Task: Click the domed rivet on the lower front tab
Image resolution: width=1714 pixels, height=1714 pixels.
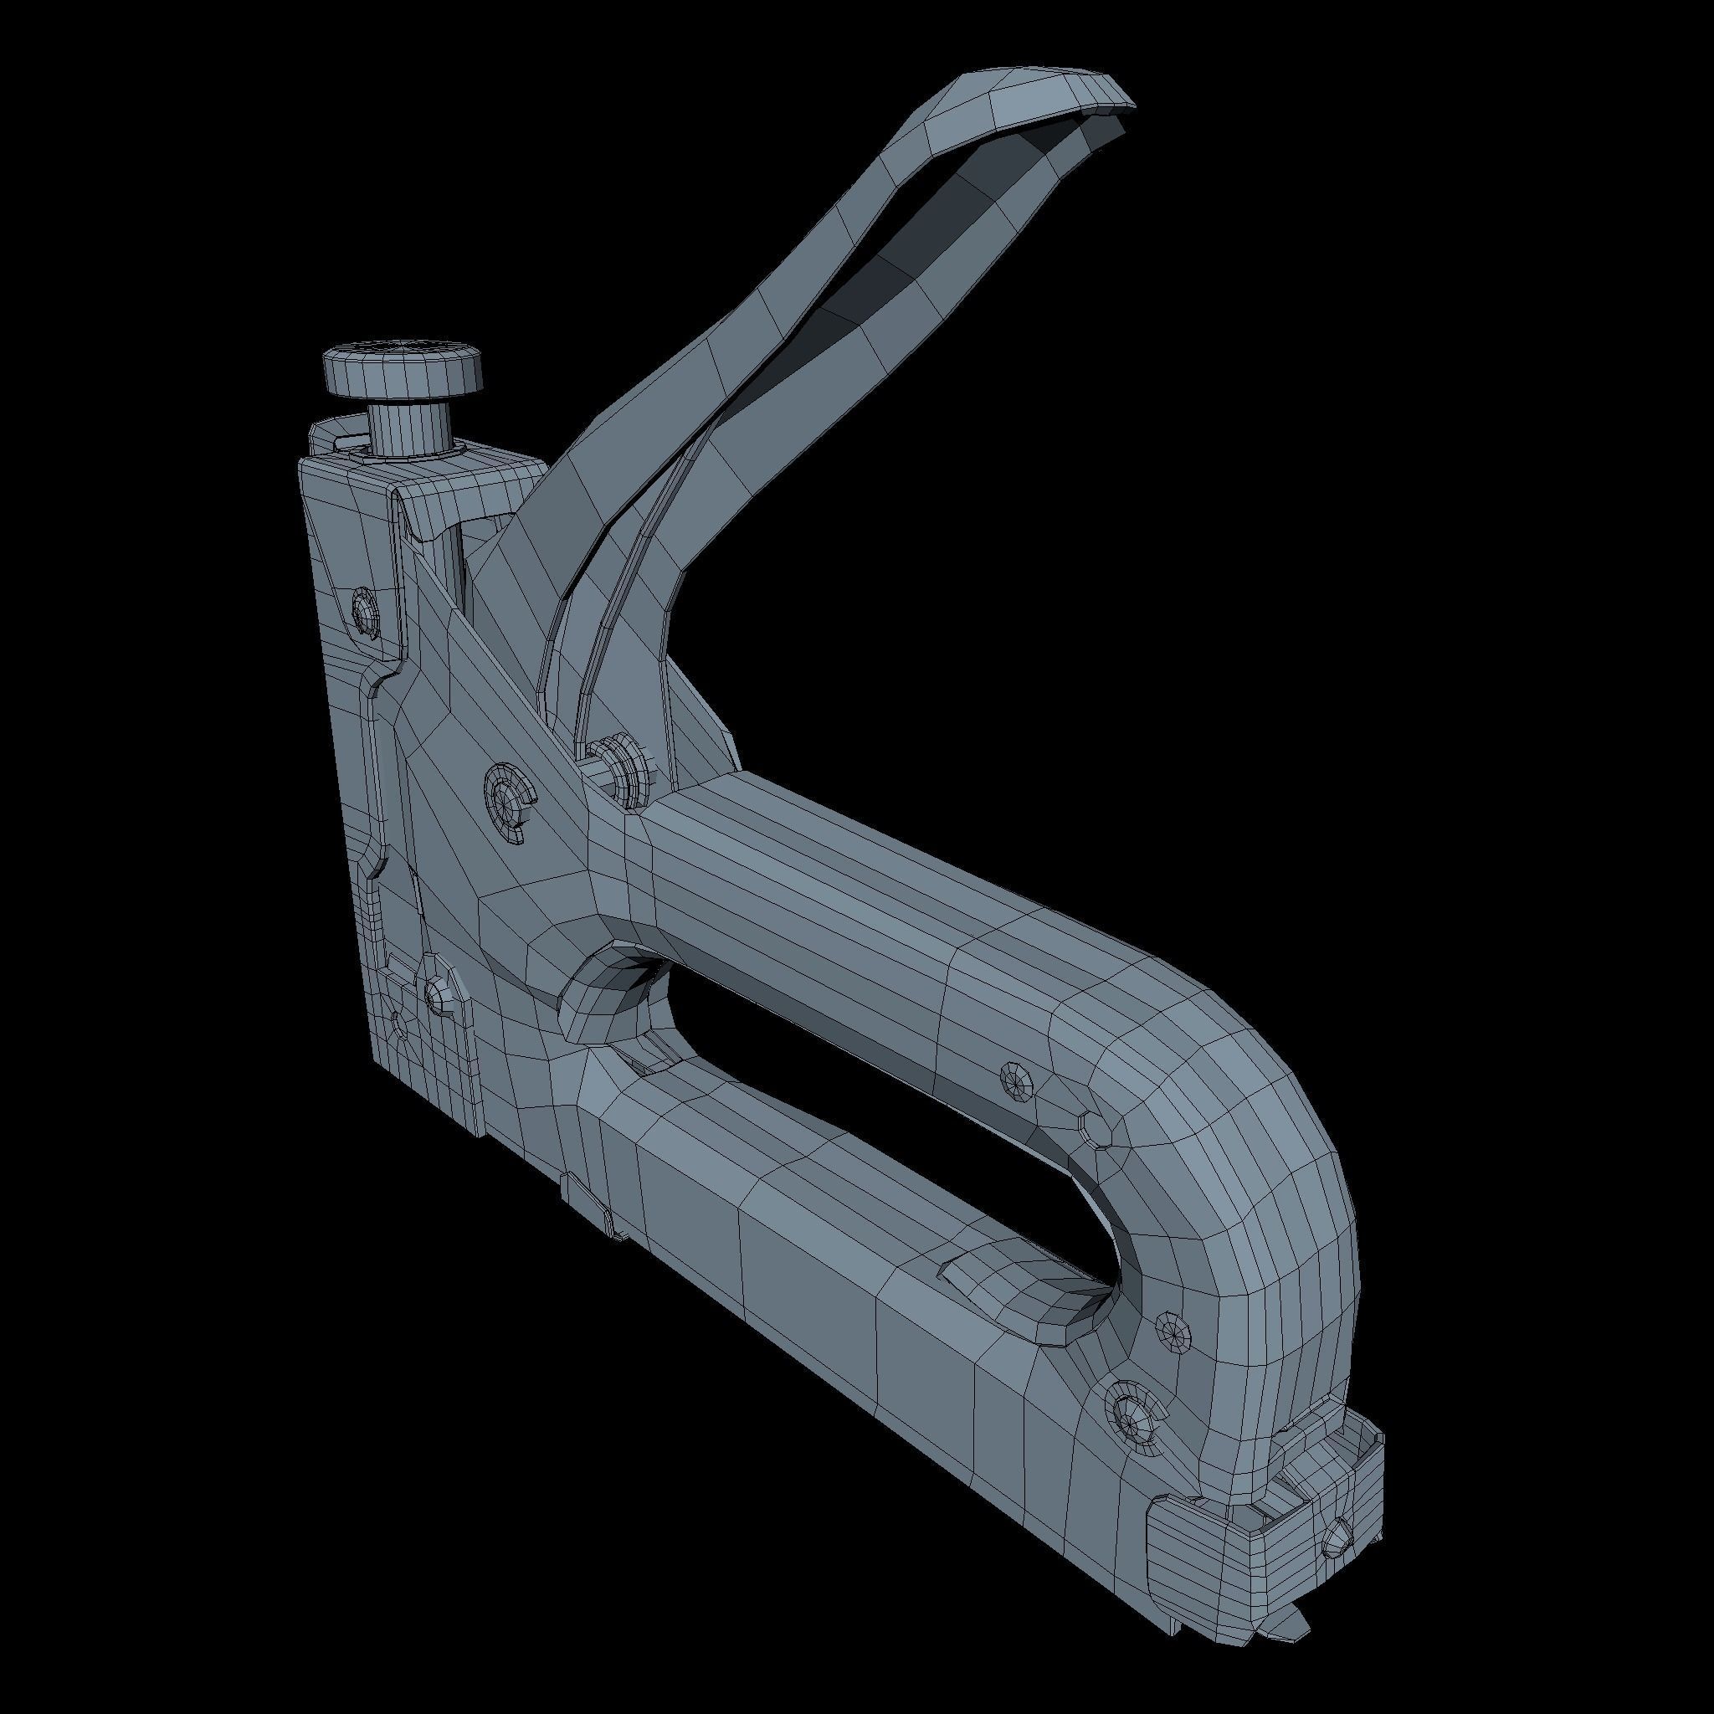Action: pos(435,994)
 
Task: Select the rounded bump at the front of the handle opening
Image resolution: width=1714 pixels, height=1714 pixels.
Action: pos(603,993)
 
